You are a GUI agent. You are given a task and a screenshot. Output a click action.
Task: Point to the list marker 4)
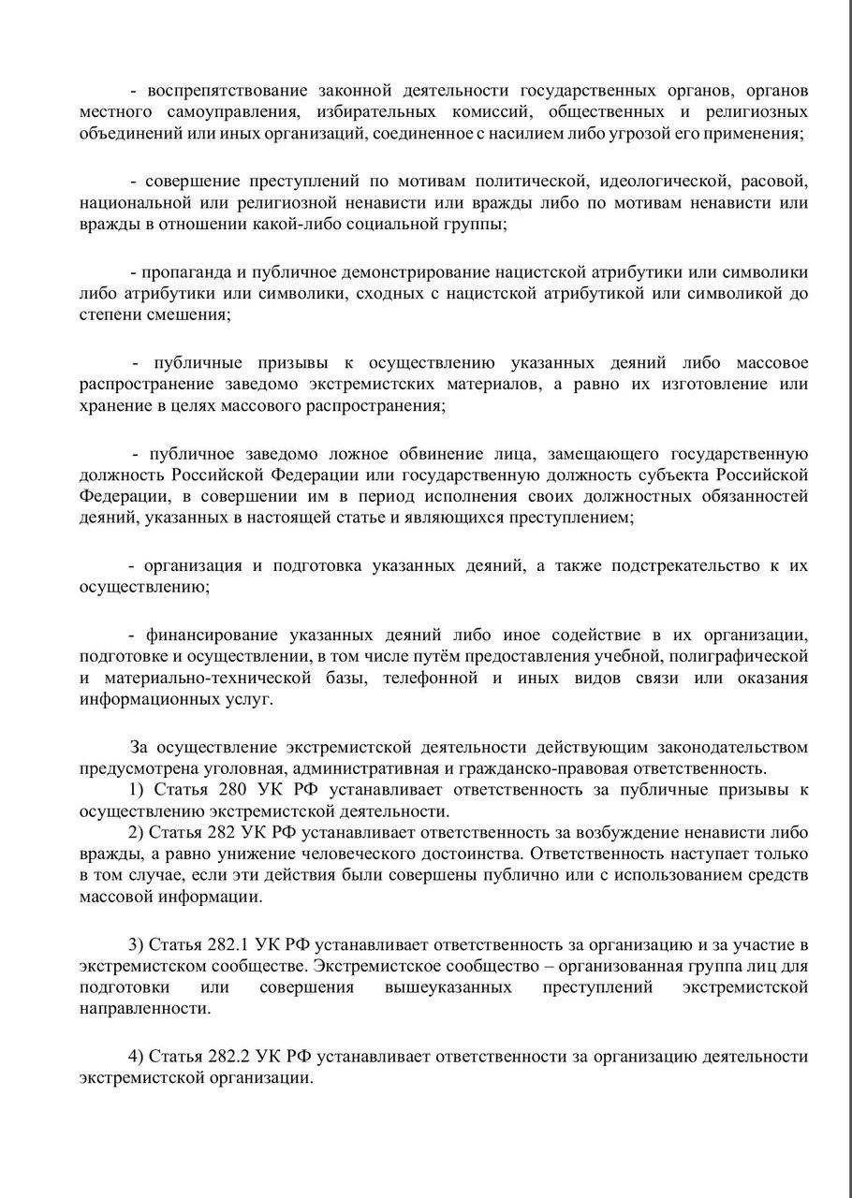(x=136, y=1057)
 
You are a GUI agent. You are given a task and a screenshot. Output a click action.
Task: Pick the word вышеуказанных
(x=448, y=987)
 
